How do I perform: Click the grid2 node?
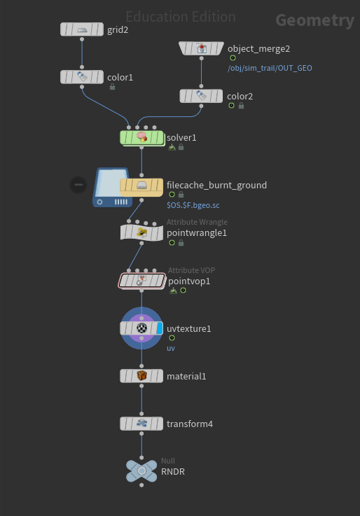(82, 29)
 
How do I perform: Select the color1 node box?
(82, 77)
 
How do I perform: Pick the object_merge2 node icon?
(202, 49)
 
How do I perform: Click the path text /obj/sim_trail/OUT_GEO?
(270, 68)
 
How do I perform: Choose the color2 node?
(201, 96)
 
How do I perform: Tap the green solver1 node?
(141, 138)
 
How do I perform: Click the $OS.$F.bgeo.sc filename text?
(193, 205)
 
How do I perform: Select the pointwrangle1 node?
(141, 232)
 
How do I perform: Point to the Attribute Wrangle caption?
(197, 222)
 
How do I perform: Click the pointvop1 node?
(141, 281)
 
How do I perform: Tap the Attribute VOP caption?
(191, 270)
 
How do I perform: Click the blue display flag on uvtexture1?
(160, 328)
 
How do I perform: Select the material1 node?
(141, 376)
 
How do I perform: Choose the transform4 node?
(141, 424)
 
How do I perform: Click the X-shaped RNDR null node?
(141, 471)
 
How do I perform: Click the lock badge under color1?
(112, 87)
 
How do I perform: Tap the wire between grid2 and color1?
(82, 53)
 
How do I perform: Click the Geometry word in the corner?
(315, 20)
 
